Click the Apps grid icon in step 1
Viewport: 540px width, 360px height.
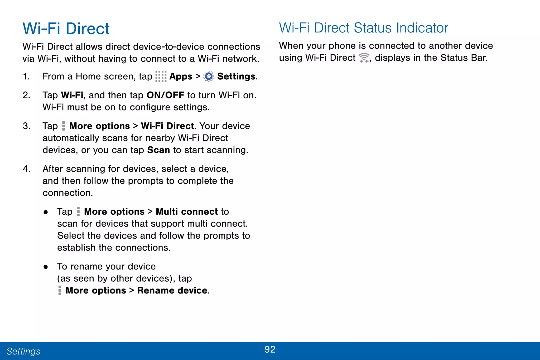click(161, 76)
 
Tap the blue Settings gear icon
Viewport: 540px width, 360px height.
click(209, 76)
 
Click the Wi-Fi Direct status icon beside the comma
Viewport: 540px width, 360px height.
click(364, 58)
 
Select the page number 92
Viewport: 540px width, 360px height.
click(270, 349)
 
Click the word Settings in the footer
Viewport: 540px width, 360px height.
click(23, 351)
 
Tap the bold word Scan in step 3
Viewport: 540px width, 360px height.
click(158, 150)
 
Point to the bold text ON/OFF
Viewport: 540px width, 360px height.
click(165, 95)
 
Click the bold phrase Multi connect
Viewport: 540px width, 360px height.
click(187, 212)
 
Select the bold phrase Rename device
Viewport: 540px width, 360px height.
click(172, 290)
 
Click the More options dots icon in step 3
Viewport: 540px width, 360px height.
click(63, 126)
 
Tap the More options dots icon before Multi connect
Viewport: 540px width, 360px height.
click(78, 212)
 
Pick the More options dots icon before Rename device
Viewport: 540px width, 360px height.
click(60, 290)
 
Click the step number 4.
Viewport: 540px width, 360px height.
click(26, 169)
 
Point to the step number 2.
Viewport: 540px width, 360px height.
click(26, 95)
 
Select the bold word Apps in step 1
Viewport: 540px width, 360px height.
click(181, 76)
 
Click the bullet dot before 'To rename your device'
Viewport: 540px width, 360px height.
click(46, 267)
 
